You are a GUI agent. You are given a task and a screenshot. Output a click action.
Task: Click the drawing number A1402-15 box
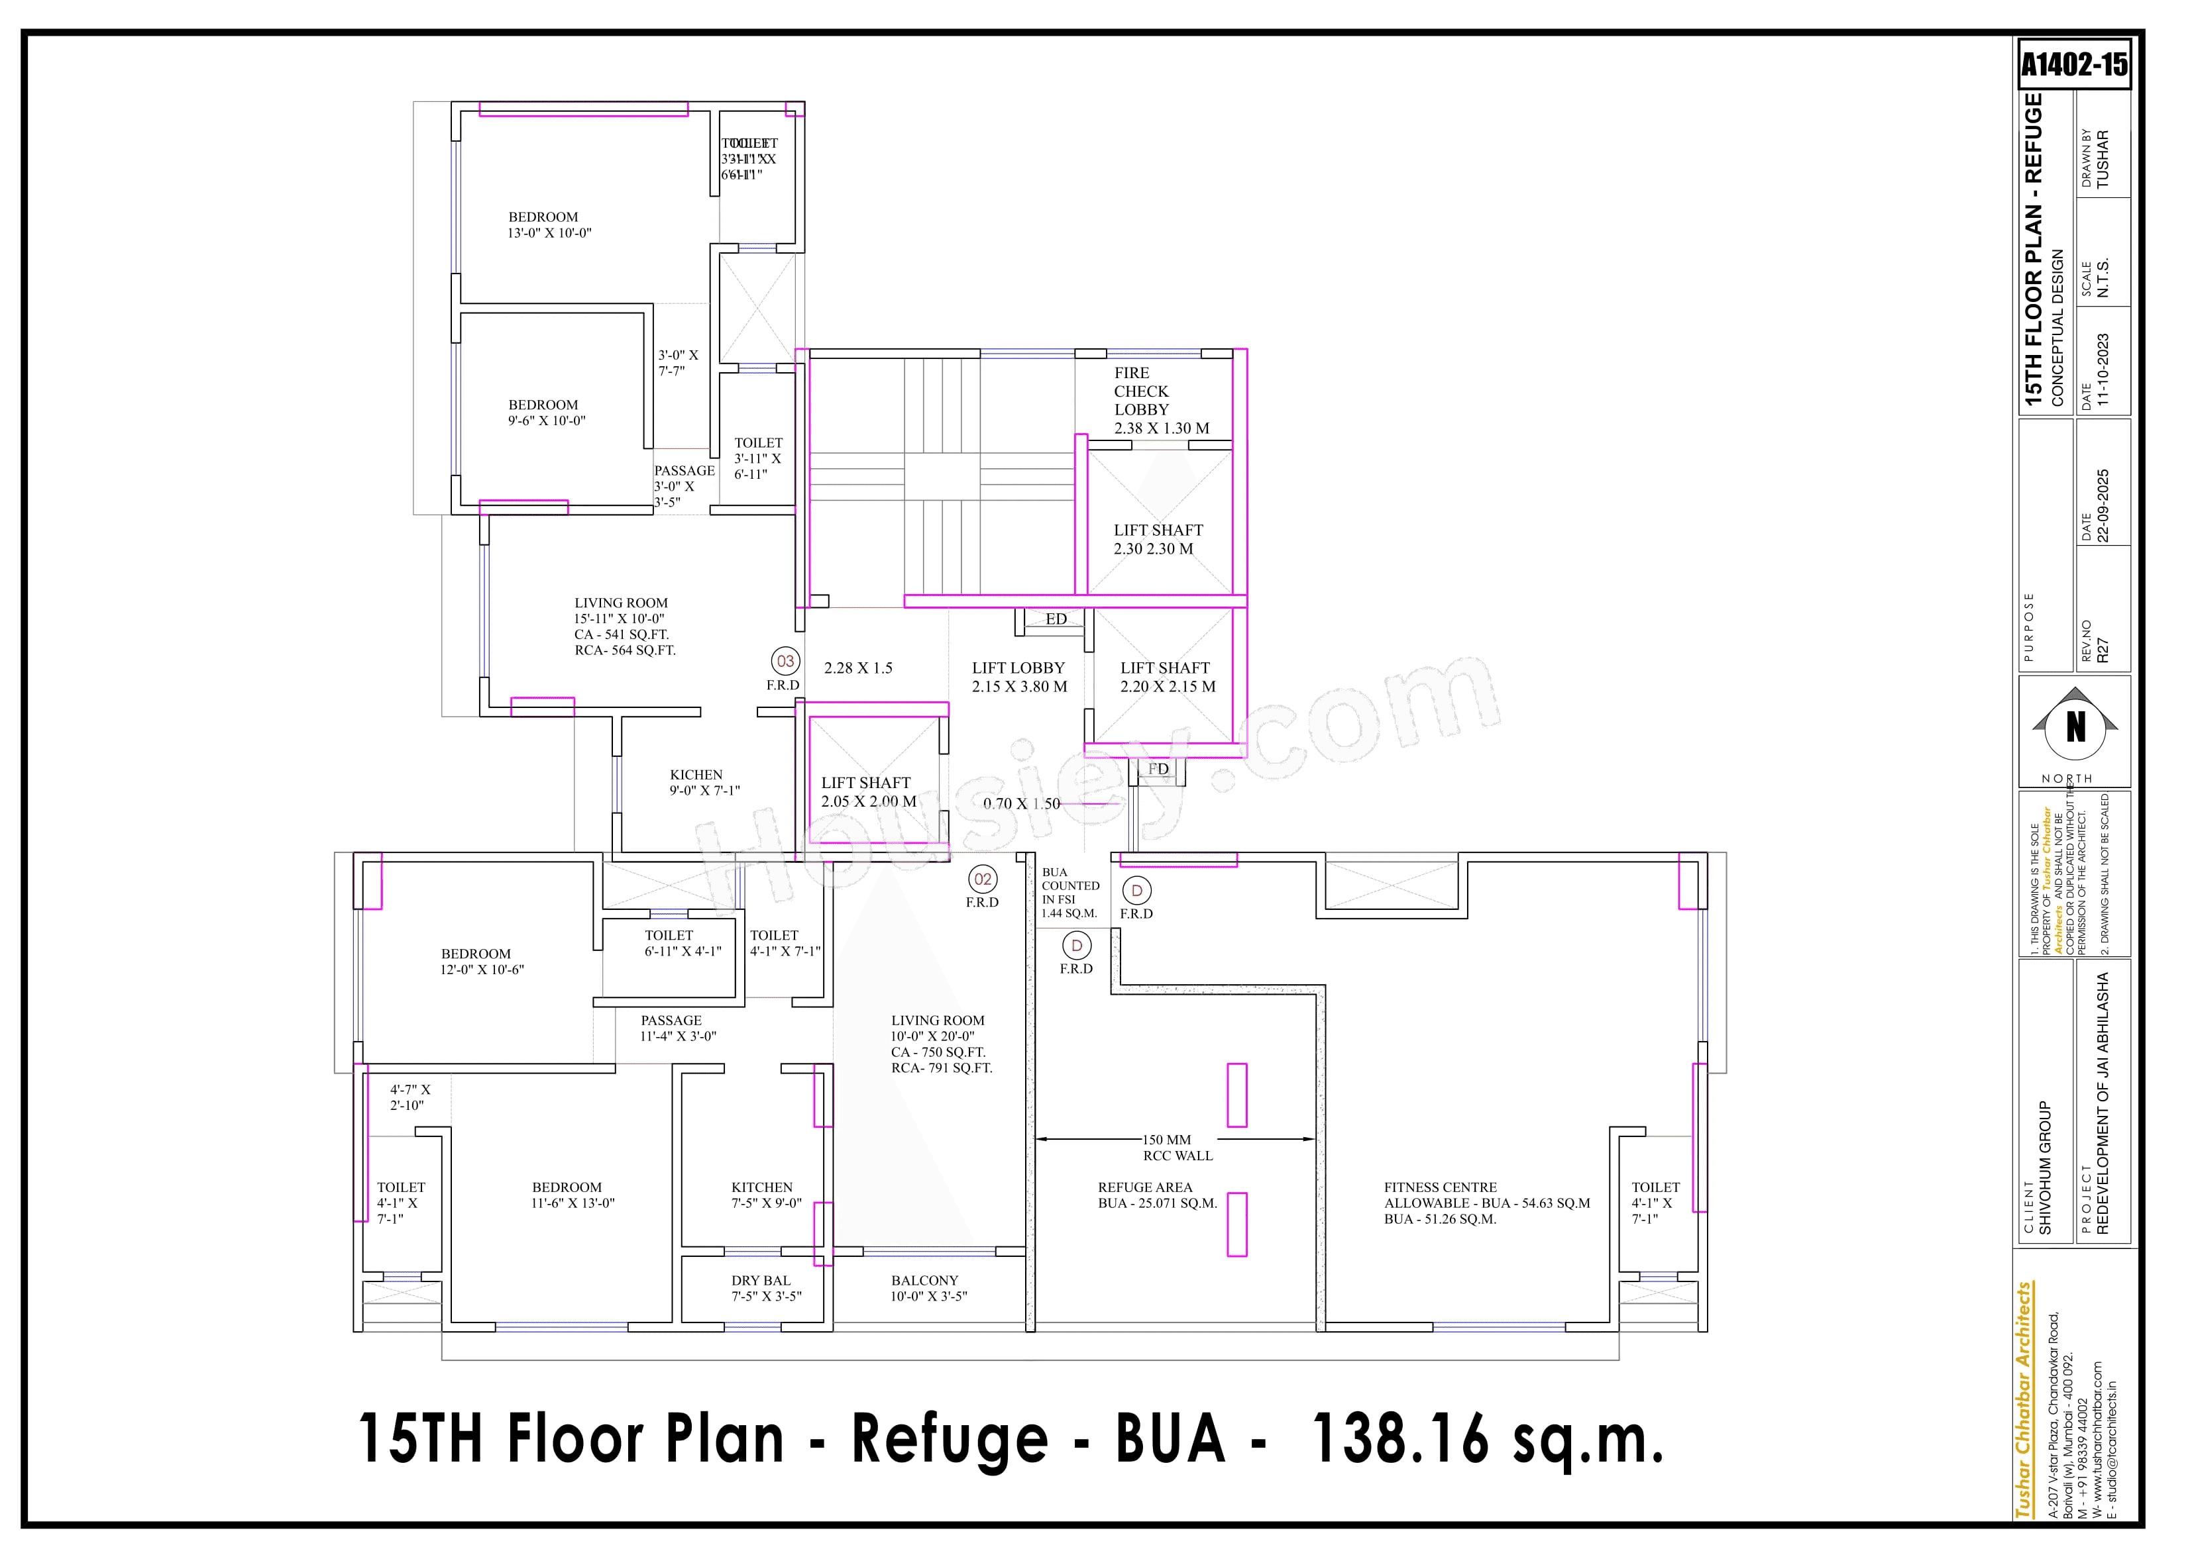pyautogui.click(x=2073, y=65)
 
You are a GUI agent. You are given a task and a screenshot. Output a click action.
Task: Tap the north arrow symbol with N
pyautogui.click(x=2075, y=728)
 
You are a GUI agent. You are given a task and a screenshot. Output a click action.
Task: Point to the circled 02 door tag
pyautogui.click(x=983, y=879)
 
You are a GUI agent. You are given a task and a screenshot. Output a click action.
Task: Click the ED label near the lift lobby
pyautogui.click(x=1056, y=619)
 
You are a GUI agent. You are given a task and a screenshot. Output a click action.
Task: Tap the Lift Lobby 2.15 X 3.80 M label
pyautogui.click(x=1018, y=677)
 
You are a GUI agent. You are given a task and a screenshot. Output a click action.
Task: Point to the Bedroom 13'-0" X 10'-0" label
pyautogui.click(x=549, y=225)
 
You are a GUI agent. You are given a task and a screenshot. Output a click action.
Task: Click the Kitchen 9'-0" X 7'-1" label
pyautogui.click(x=704, y=783)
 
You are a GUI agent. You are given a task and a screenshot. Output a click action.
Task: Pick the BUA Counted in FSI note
pyautogui.click(x=1069, y=892)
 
